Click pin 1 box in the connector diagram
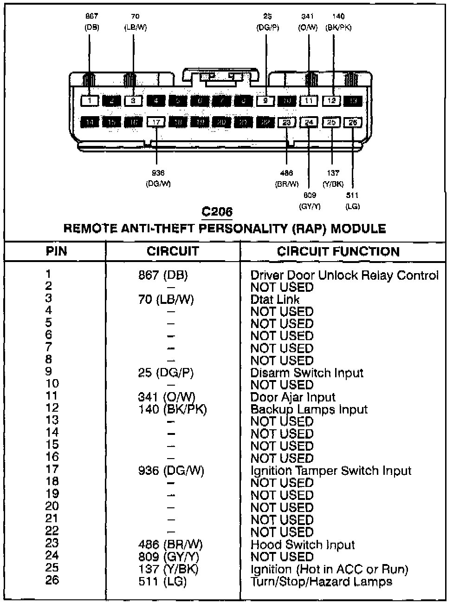tap(91, 100)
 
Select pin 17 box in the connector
tap(156, 122)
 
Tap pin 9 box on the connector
tap(265, 100)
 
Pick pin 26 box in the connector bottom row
tap(353, 122)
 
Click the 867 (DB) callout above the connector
tap(92, 22)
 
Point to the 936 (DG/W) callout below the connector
tap(158, 178)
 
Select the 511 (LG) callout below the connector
tap(353, 201)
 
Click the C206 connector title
tap(217, 212)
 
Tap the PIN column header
tap(56, 251)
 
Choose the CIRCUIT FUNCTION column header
tap(338, 251)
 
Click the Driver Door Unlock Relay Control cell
tap(344, 276)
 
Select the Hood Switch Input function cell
tap(303, 545)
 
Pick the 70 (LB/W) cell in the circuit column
tap(166, 300)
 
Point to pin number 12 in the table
tap(52, 408)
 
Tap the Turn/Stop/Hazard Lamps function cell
tap(321, 581)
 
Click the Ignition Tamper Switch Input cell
tap(331, 471)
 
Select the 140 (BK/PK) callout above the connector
tap(338, 22)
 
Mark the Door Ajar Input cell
tap(293, 397)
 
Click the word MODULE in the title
tap(358, 229)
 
